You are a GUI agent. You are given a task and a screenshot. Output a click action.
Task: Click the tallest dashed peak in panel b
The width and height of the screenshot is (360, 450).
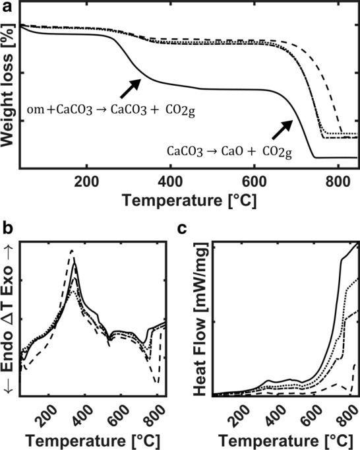point(72,251)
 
